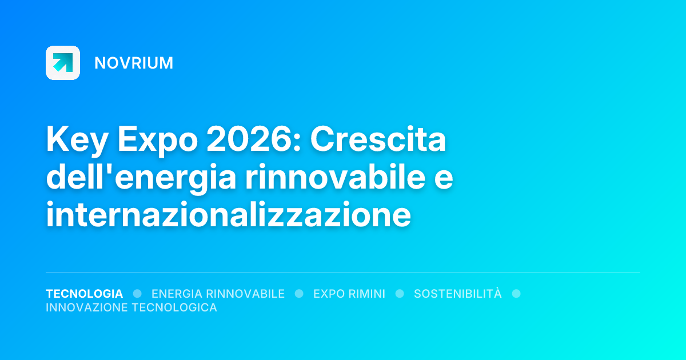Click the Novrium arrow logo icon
click(63, 63)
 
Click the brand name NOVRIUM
click(134, 63)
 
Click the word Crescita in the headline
click(378, 141)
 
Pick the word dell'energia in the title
click(141, 178)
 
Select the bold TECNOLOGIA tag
click(84, 294)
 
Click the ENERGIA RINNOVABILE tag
click(218, 294)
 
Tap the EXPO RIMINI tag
click(349, 294)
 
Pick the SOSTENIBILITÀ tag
click(457, 294)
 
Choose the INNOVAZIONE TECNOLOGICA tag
click(131, 307)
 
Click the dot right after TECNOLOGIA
click(137, 294)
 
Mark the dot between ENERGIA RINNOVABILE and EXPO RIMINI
click(299, 294)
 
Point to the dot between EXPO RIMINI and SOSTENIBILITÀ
click(400, 294)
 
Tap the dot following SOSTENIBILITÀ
click(516, 294)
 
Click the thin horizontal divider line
click(343, 273)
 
